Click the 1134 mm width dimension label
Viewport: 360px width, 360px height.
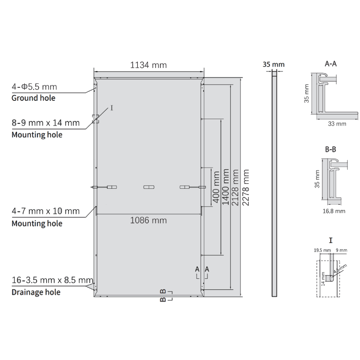coord(148,65)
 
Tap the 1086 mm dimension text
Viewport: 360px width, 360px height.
coord(148,220)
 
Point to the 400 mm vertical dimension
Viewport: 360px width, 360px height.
coord(216,187)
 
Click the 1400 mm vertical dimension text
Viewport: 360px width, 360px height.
coord(226,187)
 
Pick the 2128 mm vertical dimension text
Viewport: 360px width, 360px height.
coord(236,187)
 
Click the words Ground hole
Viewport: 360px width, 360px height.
coord(33,98)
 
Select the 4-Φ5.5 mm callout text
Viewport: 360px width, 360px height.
coord(34,87)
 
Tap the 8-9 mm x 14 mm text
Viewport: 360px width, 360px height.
coord(45,123)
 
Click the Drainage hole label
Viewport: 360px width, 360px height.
coord(36,292)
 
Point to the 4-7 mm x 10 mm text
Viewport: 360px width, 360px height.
coord(45,211)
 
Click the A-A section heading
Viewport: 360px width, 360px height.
coord(330,64)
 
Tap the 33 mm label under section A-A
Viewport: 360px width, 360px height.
coord(337,124)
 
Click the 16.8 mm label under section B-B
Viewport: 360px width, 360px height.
coord(333,211)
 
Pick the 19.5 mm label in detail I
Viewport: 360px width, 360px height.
coord(322,250)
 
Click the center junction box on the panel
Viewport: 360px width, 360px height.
coord(148,187)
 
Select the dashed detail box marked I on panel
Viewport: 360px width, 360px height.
coord(95,119)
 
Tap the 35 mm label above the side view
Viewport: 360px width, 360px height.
coord(274,64)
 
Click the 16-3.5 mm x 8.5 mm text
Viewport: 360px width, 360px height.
coord(52,280)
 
